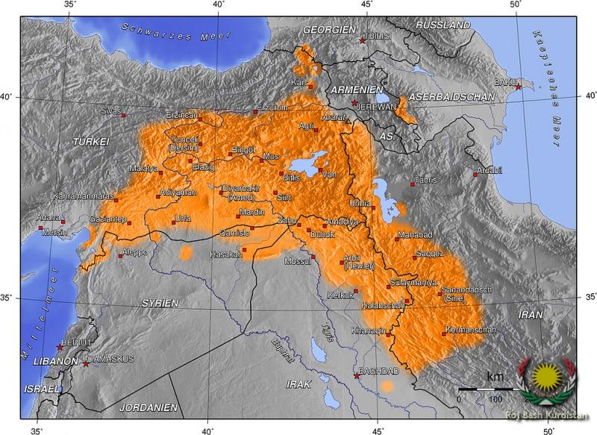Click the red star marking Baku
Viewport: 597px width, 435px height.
coord(519,87)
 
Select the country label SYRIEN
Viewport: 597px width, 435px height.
coord(160,303)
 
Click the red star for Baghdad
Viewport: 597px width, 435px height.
coord(356,375)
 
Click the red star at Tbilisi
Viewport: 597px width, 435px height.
coord(363,41)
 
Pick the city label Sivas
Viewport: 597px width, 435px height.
coord(110,110)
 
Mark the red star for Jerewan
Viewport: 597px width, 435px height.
coord(354,102)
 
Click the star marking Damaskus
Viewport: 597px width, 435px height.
coord(86,363)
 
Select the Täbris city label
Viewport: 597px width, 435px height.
coord(425,180)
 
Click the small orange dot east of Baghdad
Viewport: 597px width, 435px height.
coord(387,386)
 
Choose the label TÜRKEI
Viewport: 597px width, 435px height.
coord(91,141)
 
